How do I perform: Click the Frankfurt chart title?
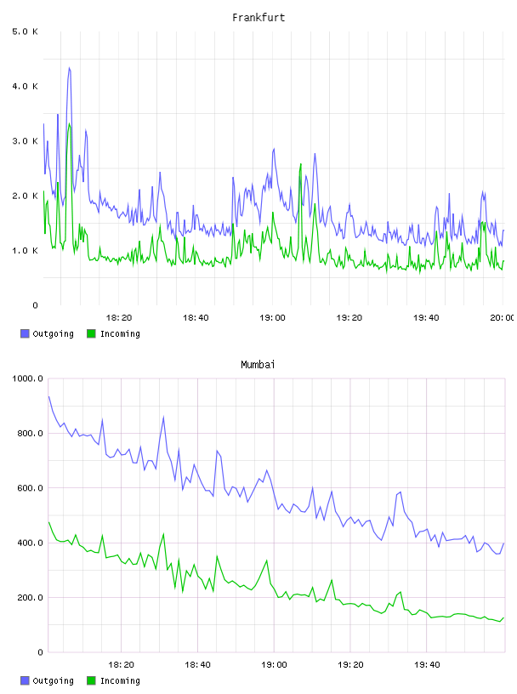click(x=258, y=18)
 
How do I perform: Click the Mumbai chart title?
click(x=258, y=365)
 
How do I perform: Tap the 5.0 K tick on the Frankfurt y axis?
click(x=26, y=31)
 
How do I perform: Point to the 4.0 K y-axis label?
click(x=26, y=86)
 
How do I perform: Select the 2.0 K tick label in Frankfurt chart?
click(x=26, y=196)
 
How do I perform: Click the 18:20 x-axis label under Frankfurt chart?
click(x=119, y=317)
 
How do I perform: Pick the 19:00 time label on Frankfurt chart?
click(x=273, y=317)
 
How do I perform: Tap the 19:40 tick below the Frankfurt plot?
click(x=426, y=317)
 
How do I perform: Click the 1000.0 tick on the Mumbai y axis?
click(x=28, y=378)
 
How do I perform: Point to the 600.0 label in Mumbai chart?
click(x=31, y=487)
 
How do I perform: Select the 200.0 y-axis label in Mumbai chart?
click(x=31, y=598)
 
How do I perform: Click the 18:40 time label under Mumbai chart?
click(x=197, y=664)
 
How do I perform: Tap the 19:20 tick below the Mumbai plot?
click(x=350, y=664)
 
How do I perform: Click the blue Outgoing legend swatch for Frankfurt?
click(x=25, y=333)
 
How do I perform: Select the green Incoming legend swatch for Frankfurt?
click(x=91, y=333)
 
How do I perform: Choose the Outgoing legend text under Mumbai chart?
click(x=53, y=680)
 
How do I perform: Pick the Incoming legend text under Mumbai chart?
click(x=120, y=680)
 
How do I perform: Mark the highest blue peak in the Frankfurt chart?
click(x=69, y=68)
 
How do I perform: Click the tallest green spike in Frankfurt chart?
click(x=69, y=124)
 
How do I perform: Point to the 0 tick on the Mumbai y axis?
click(x=40, y=652)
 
